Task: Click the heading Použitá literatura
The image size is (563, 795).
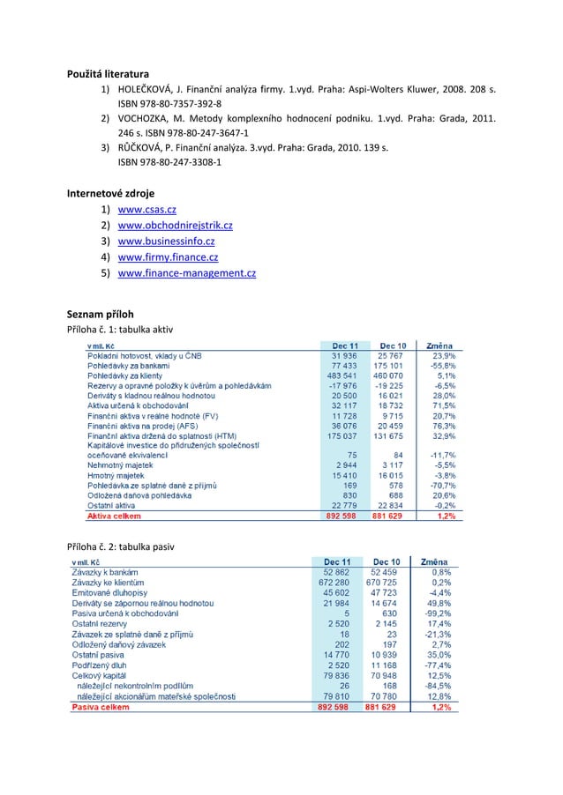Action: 109,72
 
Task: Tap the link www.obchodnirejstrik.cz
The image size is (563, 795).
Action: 175,226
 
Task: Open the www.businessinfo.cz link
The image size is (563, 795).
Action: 166,241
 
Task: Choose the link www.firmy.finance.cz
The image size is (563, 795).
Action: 168,257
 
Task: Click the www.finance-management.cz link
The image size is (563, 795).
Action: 186,273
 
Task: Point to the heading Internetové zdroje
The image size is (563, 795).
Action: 113,191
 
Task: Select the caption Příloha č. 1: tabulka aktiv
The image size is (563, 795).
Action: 121,329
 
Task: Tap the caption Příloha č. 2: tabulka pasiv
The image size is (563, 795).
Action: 121,546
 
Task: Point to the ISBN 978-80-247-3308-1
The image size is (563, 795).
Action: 169,162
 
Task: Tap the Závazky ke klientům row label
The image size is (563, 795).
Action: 107,582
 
